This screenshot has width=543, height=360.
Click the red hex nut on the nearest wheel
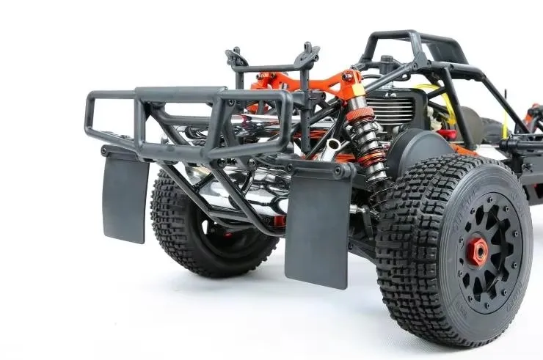coord(478,252)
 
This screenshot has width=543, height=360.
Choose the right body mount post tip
coord(307,48)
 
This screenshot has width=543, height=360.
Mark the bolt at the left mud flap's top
coord(106,152)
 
